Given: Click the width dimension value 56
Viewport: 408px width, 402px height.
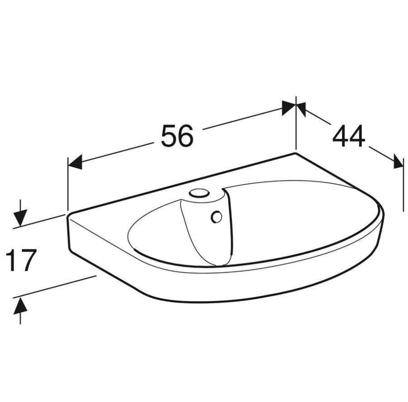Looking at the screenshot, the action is [178, 135].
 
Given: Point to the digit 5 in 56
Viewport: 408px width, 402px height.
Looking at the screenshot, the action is [169, 135].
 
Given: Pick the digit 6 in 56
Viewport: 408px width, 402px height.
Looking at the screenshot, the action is [186, 135].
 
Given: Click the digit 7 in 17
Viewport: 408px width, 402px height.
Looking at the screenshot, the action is [27, 260].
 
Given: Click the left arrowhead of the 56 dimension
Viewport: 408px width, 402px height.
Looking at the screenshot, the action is [75, 163].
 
